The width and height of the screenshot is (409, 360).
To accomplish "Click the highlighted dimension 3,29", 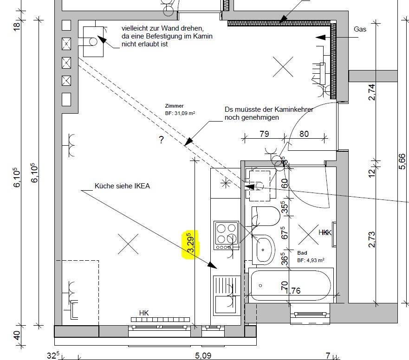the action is (191, 243).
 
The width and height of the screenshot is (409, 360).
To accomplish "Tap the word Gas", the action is (360, 29).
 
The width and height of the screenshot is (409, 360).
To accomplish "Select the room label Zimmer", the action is (174, 106).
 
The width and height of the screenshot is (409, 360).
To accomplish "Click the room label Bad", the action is (302, 253).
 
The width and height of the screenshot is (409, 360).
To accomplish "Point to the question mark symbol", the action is (162, 140).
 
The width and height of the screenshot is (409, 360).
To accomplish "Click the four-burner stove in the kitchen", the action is (226, 236).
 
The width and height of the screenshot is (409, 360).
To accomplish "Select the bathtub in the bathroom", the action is (291, 285).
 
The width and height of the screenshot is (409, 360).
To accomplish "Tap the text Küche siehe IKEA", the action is (122, 186).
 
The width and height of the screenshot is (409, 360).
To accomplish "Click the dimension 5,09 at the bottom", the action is (203, 355).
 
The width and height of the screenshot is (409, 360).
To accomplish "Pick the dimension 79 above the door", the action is (264, 134).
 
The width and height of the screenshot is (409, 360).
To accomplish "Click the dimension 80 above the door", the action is (304, 134).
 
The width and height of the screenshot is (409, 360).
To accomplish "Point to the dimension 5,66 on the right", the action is (402, 161).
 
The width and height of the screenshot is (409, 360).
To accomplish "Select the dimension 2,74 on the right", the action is (372, 92).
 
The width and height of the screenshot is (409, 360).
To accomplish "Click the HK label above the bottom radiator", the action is (144, 313).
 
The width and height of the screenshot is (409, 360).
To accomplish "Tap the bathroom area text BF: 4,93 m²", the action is (311, 260).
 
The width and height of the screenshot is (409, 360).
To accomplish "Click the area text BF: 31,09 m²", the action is (180, 113).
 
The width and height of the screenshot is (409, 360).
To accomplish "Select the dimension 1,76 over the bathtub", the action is (292, 291).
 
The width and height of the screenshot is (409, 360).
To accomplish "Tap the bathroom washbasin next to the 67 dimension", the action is (263, 250).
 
